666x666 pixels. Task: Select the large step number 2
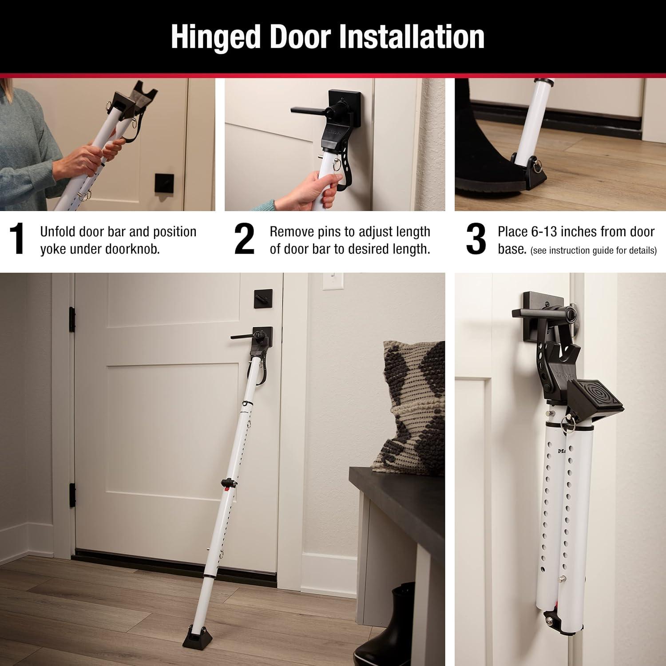244,240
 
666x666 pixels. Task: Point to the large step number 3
476,240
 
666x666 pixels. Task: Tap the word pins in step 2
334,232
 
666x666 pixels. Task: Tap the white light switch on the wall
331,281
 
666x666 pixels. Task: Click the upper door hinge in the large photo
72,319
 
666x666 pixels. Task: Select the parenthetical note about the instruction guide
593,250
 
